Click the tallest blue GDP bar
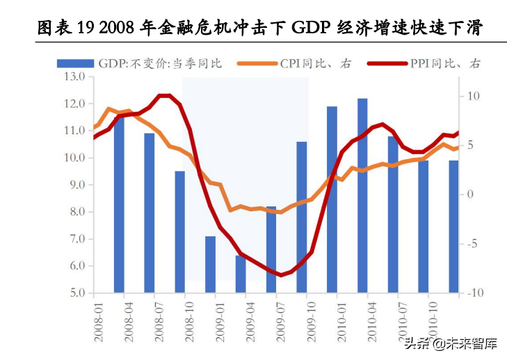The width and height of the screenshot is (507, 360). pos(363,195)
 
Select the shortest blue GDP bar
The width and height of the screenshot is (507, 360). pos(241,274)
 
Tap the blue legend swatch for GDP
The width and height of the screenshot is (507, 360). pos(74,63)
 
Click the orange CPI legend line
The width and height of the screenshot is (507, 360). pos(257,63)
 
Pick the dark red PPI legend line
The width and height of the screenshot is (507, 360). pos(383,63)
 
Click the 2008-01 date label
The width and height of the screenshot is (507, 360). pos(98,320)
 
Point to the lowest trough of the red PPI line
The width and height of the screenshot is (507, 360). pos(281,275)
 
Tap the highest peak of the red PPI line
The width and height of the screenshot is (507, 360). pos(163,96)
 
